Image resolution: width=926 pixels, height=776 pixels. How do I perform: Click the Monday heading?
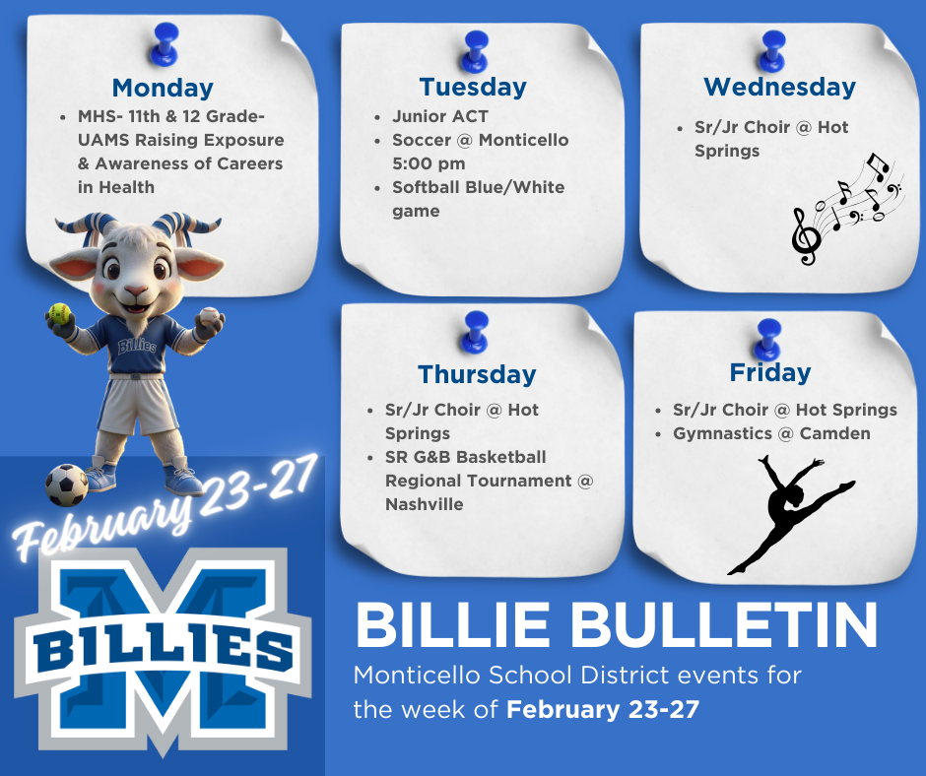163,88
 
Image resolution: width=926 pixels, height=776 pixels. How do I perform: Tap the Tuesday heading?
473,87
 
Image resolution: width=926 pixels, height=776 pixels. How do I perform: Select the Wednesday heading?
779,87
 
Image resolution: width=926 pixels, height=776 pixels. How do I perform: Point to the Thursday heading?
477,374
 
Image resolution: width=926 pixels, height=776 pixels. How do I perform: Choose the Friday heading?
770,372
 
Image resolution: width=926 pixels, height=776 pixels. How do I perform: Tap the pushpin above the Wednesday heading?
773,49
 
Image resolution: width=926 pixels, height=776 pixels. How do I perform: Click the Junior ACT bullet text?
440,116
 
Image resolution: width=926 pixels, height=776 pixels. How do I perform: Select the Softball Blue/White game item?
478,199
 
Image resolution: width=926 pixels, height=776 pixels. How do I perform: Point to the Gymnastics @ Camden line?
771,433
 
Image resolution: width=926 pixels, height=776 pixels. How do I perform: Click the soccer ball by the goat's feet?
67,485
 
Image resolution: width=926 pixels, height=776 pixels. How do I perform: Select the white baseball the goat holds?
211,316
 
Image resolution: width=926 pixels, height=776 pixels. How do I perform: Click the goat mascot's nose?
136,292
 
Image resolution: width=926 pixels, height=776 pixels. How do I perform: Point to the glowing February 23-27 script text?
164,508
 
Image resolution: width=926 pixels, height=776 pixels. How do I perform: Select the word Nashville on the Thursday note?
425,504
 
